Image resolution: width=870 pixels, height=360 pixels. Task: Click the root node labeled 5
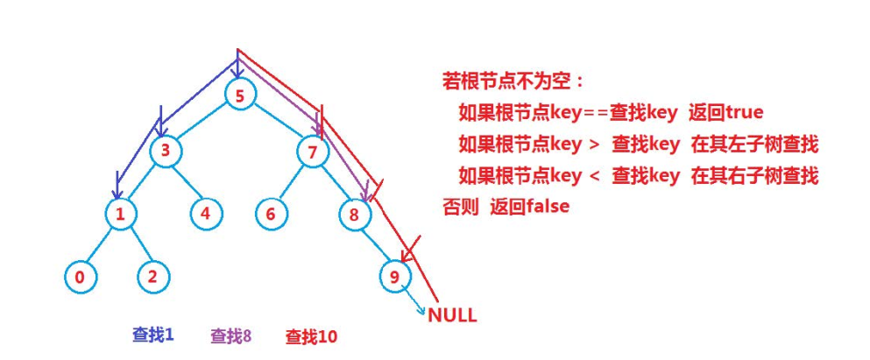[x=239, y=95]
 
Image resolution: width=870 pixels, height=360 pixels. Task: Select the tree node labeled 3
[x=165, y=152]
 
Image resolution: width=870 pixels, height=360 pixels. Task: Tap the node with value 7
[x=311, y=152]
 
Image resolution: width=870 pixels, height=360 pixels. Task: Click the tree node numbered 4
[x=206, y=212]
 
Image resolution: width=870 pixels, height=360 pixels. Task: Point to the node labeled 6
[x=271, y=212]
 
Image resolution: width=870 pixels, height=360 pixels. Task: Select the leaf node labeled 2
[x=153, y=277]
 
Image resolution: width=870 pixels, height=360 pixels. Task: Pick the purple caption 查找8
[x=231, y=335]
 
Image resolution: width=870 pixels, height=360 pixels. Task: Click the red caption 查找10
[x=311, y=335]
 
